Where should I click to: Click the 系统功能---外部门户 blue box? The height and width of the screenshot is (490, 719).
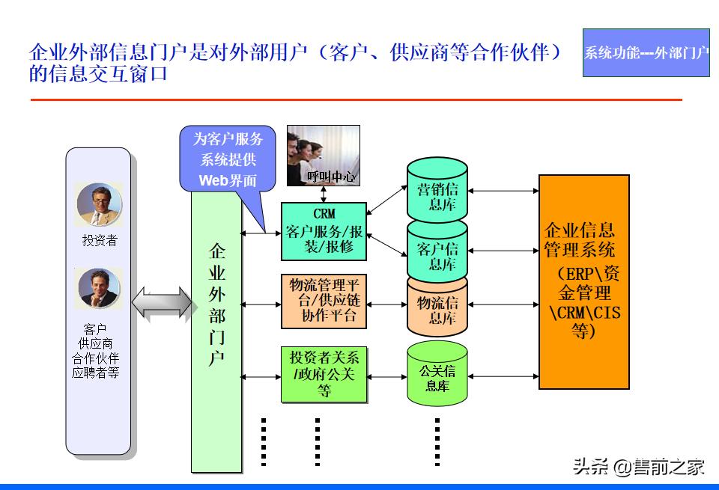point(646,52)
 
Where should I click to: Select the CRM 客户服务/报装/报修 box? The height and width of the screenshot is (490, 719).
point(324,230)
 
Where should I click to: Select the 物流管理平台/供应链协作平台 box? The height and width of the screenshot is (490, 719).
point(324,301)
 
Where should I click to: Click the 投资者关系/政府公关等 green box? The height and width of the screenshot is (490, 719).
point(324,374)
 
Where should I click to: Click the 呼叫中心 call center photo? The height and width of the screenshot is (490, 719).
point(324,155)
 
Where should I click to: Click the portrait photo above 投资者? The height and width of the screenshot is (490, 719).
point(99,204)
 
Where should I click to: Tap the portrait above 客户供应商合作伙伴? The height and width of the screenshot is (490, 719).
point(99,289)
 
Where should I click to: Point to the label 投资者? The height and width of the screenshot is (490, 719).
point(99,241)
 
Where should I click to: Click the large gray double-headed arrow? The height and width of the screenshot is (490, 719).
point(161,304)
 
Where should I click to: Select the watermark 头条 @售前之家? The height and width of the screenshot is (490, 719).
point(639,468)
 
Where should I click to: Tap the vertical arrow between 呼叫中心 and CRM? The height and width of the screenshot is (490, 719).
point(324,194)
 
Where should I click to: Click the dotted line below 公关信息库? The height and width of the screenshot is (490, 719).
point(437,441)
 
